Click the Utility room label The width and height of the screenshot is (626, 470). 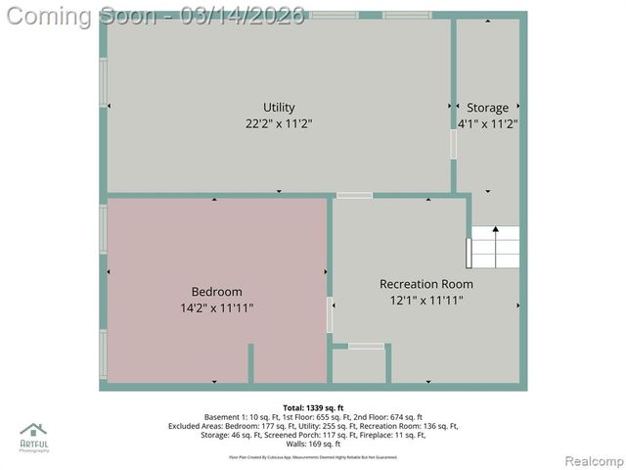(279, 108)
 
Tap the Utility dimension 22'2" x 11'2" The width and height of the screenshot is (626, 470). (279, 124)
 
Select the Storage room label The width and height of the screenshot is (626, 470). (487, 108)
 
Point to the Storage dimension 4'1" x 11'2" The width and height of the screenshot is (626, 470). (487, 124)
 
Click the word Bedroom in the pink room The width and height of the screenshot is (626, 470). (216, 292)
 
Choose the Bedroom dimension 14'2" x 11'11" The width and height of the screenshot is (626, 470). (216, 308)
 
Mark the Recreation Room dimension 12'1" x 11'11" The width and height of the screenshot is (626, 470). (426, 301)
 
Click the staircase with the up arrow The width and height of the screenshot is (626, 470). (495, 249)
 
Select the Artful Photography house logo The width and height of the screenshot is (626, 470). (33, 431)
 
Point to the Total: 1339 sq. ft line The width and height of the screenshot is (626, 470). (313, 407)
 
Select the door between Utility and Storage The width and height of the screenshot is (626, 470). (453, 145)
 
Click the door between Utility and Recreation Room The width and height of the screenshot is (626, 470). (355, 196)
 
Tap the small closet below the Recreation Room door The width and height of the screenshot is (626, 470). (359, 366)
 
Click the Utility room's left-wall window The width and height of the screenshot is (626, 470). (103, 83)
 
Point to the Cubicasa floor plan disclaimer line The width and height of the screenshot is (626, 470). (313, 457)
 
